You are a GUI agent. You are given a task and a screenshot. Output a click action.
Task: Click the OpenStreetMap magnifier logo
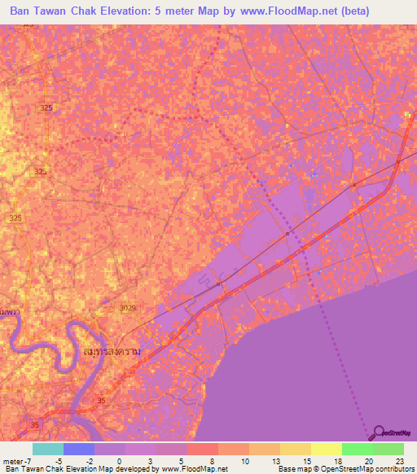(378, 432)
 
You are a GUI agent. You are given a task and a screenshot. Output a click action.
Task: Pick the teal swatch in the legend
(48, 449)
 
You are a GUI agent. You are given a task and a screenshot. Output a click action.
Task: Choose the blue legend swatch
(79, 449)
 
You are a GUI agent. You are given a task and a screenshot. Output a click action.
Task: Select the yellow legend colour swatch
(326, 449)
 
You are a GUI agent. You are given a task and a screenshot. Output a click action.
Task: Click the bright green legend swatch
(357, 449)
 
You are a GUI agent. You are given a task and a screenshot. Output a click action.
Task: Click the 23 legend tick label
(400, 460)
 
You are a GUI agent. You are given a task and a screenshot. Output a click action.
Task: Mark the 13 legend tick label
(277, 460)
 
